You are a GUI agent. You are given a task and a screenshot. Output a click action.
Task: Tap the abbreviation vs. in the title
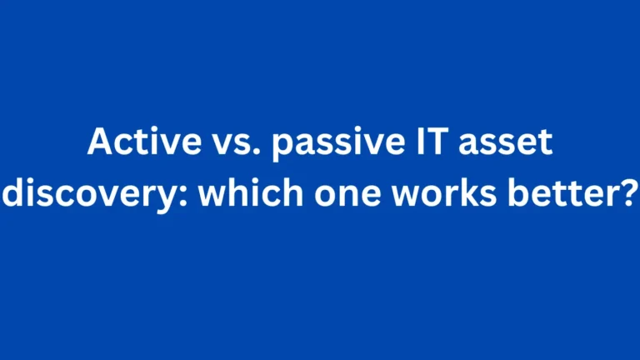coord(212,145)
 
